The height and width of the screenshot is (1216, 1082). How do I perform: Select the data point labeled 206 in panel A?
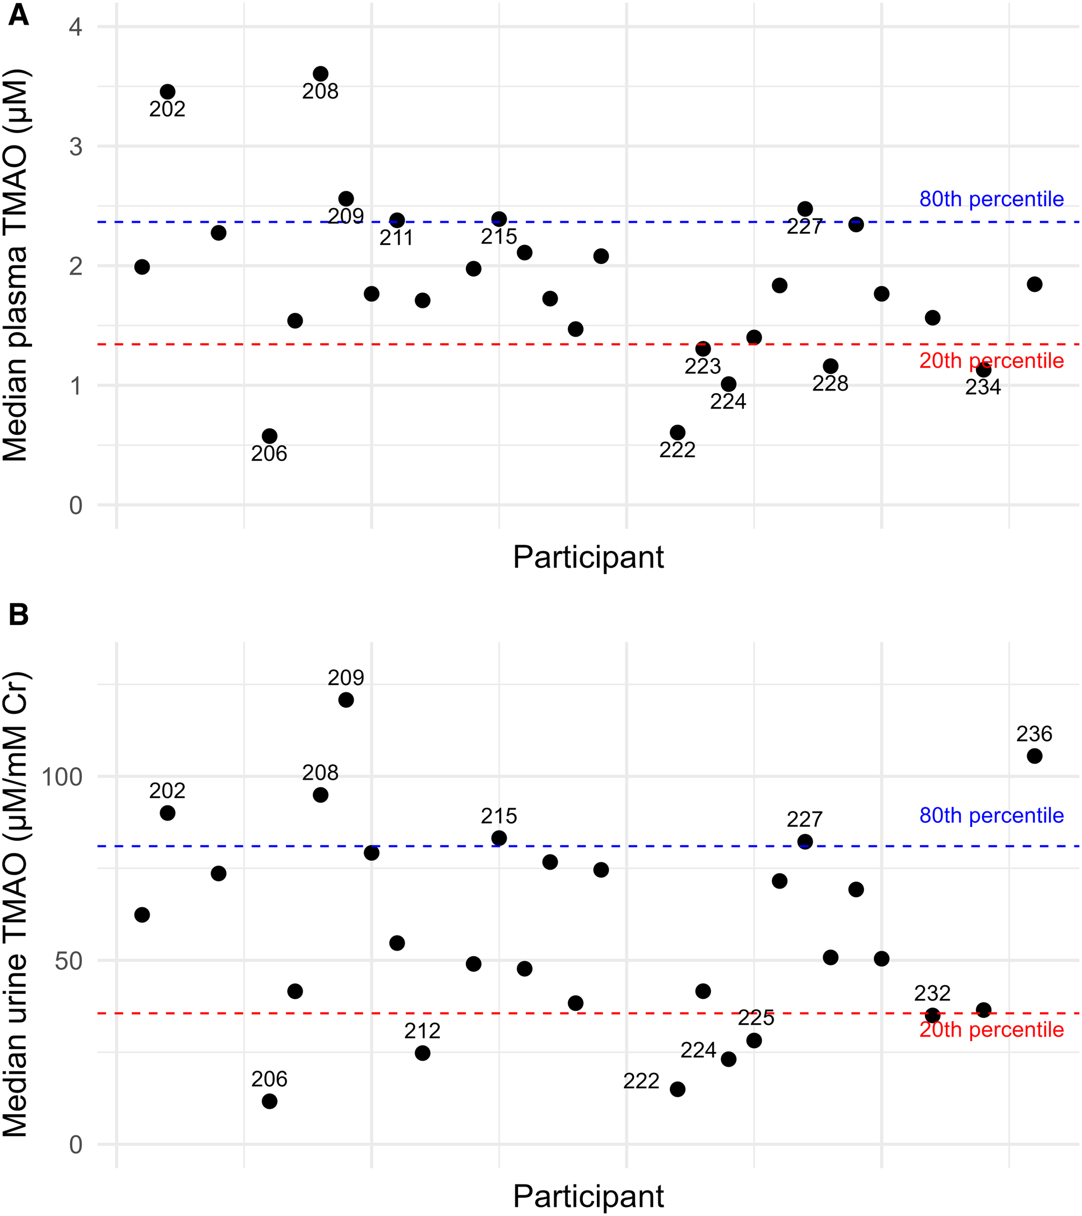click(269, 435)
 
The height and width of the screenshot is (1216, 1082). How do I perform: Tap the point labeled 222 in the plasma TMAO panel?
click(677, 432)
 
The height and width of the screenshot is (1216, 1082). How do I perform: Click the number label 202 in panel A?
click(167, 109)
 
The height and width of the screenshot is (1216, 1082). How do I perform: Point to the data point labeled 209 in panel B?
click(346, 700)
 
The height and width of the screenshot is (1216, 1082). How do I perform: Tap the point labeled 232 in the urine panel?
click(932, 1015)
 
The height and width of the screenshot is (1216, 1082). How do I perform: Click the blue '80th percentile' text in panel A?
click(991, 199)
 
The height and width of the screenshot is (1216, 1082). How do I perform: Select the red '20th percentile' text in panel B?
click(991, 1029)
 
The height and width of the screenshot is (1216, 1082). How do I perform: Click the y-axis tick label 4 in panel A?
click(76, 27)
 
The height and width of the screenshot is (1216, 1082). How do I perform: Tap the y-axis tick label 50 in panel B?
click(69, 960)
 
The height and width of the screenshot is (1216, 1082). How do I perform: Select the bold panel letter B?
click(18, 614)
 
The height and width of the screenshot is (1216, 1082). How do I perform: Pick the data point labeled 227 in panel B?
click(804, 841)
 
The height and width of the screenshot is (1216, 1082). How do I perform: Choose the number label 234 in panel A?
click(983, 388)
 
